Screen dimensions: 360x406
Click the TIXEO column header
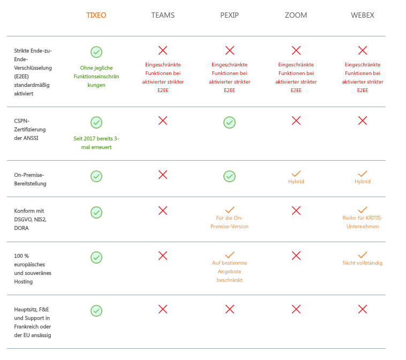[96, 15]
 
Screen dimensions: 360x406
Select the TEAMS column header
[163, 15]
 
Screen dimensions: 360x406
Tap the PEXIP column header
[229, 15]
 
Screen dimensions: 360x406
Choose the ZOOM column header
[296, 15]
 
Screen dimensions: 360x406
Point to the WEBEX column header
[362, 15]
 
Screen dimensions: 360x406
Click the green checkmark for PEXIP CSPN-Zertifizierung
[229, 123]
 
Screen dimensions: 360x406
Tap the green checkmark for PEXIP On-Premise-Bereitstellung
[229, 176]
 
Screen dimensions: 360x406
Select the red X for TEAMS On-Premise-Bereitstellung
[163, 175]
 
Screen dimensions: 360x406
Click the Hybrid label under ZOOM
[296, 182]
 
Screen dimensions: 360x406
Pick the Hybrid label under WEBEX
[362, 182]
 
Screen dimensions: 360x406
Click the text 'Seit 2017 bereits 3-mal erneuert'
[96, 142]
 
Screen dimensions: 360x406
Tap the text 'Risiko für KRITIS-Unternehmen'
[362, 222]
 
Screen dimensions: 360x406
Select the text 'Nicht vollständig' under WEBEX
[362, 262]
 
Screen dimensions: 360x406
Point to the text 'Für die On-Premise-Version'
[229, 222]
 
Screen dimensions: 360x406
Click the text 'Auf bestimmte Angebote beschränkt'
[229, 271]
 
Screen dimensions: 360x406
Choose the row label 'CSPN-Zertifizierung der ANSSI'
[29, 129]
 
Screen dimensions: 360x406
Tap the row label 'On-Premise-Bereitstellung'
[31, 179]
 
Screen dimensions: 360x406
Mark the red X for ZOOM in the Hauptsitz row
[296, 309]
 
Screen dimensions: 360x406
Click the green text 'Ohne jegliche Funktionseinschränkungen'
[96, 76]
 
